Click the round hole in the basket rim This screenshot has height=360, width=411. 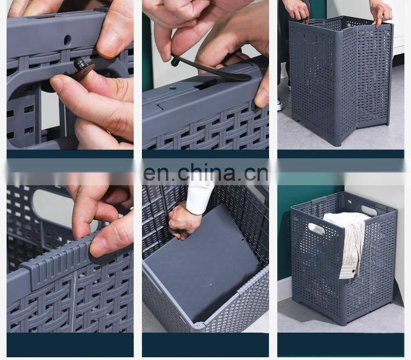tap(67, 40)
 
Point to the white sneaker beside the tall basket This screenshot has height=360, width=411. tap(280, 104)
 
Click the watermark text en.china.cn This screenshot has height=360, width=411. tap(206, 173)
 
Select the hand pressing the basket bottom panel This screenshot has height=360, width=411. tap(184, 222)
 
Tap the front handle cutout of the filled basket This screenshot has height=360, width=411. tap(318, 228)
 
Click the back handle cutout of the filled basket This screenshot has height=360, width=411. tap(369, 210)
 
